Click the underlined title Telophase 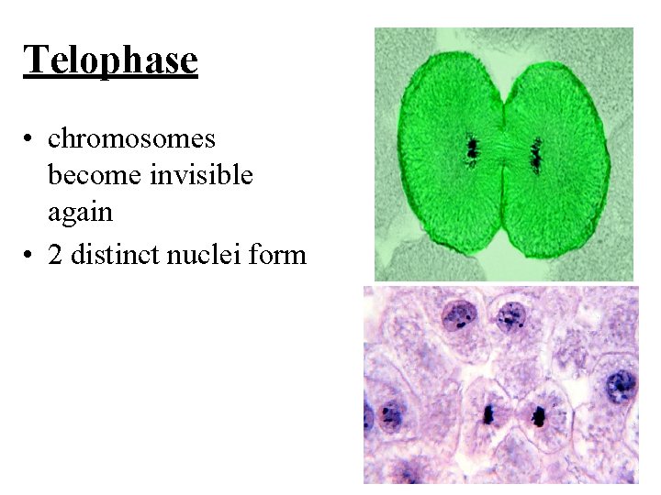click(110, 60)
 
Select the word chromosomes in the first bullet click(131, 138)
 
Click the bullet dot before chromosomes click(30, 139)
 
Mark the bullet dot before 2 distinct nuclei click(30, 254)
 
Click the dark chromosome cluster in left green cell click(473, 148)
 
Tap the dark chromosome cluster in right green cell click(536, 156)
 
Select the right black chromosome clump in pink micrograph click(538, 417)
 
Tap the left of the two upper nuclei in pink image click(458, 317)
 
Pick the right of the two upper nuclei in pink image click(510, 317)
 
